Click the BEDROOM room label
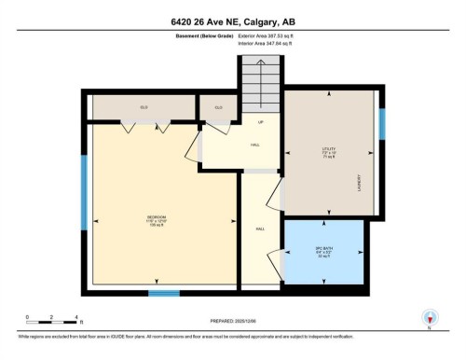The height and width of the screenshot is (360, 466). coord(157,220)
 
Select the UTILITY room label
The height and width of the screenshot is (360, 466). coord(326,151)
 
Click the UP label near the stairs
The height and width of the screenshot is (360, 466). coord(261,124)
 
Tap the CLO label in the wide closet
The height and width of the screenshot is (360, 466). coord(144,108)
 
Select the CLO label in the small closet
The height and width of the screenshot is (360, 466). coord(219,108)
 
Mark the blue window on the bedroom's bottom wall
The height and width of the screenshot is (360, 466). coord(164,293)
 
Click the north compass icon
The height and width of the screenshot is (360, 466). coord(429,318)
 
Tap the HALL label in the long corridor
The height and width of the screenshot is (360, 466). coord(261,229)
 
